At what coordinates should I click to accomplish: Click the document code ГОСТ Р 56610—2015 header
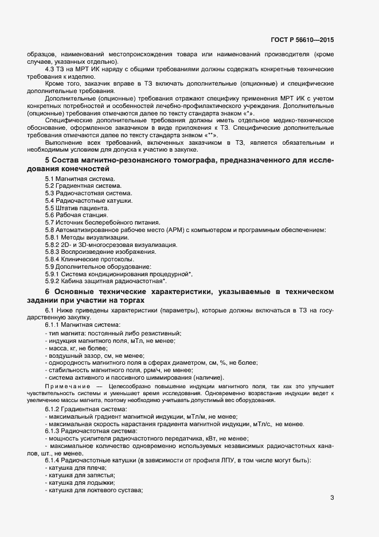(302, 40)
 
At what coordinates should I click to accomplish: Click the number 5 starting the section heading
(47, 159)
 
